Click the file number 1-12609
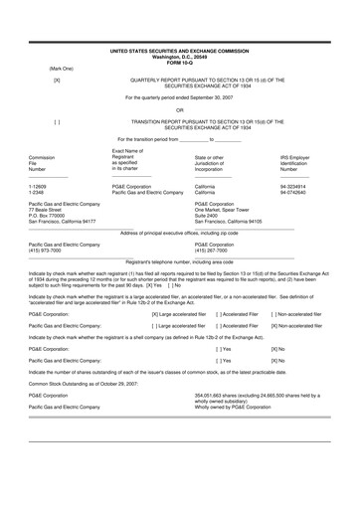[x=40, y=186]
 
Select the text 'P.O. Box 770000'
[x=52, y=216]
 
